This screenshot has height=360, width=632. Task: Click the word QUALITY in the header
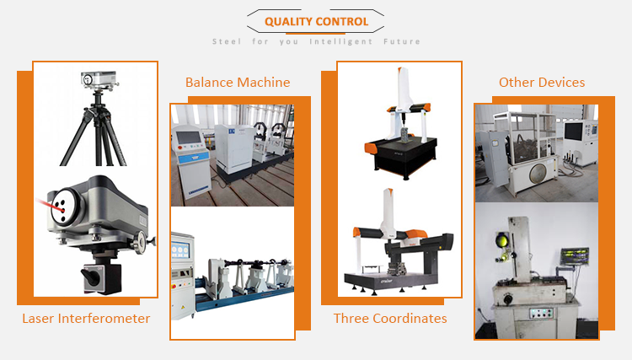(291, 22)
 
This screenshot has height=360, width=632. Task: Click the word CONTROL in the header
(344, 22)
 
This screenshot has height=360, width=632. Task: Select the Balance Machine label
(238, 83)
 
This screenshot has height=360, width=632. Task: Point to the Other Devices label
(542, 83)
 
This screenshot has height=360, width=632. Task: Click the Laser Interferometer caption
(86, 319)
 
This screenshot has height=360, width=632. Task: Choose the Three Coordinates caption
(390, 319)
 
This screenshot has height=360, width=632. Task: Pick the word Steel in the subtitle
(227, 41)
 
